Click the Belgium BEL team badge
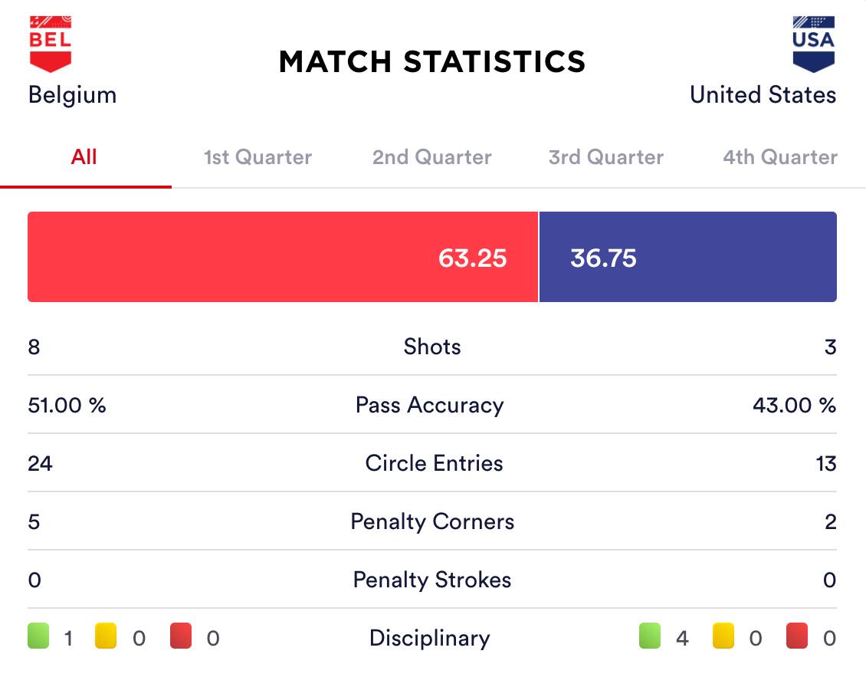51,44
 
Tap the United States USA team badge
813,44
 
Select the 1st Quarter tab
258,157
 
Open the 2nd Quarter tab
432,157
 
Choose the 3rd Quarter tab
606,157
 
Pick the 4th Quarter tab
780,157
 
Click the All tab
84,157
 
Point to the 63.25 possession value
472,258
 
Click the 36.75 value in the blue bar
603,258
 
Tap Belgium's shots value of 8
34,347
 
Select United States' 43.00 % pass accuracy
795,405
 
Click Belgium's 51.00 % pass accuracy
67,405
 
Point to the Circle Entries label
434,463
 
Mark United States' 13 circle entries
826,463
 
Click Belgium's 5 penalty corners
34,521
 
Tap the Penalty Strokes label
432,580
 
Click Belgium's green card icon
38,637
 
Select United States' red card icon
797,637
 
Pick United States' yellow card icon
723,637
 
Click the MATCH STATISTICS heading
432,61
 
